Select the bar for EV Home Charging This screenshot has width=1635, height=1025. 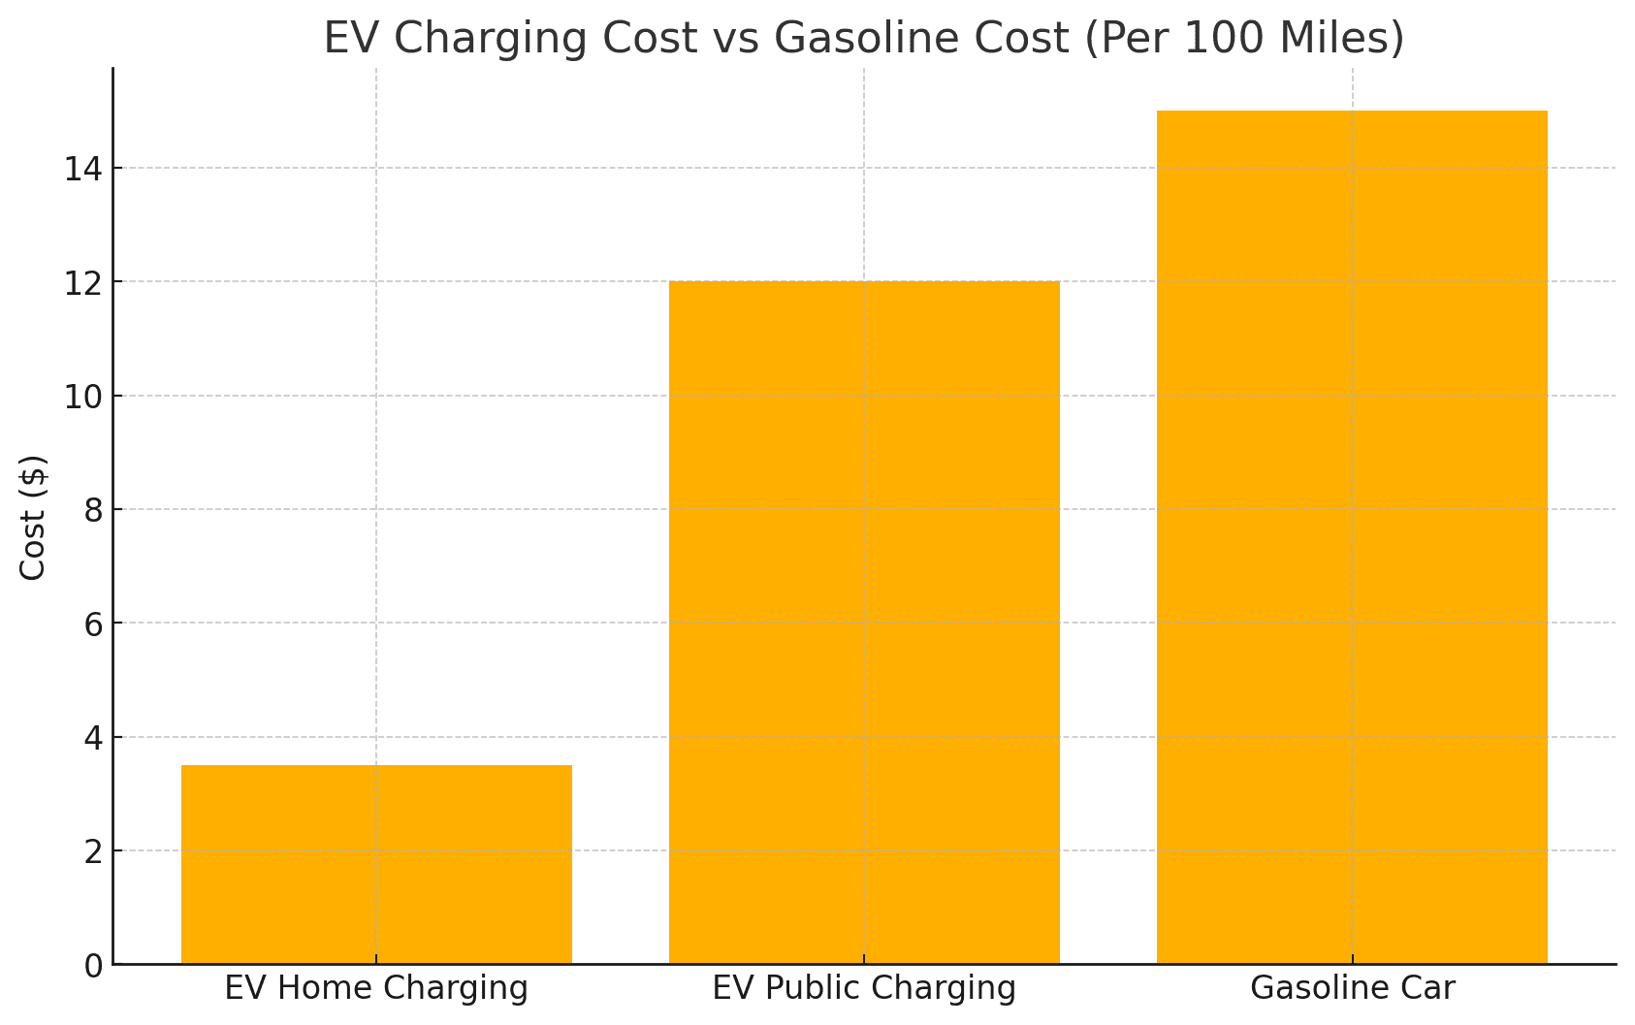[x=376, y=864]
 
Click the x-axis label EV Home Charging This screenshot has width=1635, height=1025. [x=376, y=988]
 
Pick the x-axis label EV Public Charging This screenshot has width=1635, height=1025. [x=864, y=988]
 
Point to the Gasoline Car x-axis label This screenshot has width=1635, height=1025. [x=1352, y=988]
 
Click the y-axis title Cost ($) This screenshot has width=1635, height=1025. [x=34, y=517]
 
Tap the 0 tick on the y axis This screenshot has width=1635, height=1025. [x=93, y=966]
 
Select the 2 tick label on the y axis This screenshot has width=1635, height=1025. [x=93, y=852]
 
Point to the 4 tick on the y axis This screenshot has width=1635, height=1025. [x=93, y=738]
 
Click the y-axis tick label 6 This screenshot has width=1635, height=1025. [x=93, y=625]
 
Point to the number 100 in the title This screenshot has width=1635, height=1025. [x=1218, y=39]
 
